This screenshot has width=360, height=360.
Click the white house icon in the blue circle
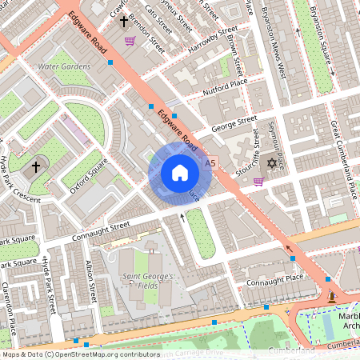click(179, 173)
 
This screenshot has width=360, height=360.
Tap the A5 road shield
click(210, 162)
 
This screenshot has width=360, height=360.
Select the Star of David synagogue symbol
click(271, 164)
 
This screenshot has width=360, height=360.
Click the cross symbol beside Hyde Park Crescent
click(34, 168)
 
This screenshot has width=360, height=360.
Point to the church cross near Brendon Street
click(125, 22)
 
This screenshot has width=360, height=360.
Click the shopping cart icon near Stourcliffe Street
click(258, 182)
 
